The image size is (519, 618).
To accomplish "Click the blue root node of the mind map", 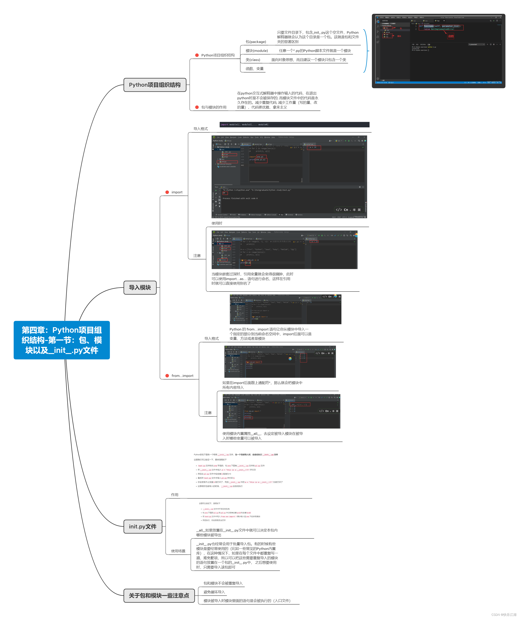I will pyautogui.click(x=62, y=340).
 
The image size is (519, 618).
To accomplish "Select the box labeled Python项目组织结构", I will pyautogui.click(x=155, y=85).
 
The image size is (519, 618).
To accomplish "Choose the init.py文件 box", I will pyautogui.click(x=143, y=526).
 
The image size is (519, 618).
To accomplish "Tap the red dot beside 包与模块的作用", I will pyautogui.click(x=197, y=107).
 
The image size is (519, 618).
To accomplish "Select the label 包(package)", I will pyautogui.click(x=256, y=42).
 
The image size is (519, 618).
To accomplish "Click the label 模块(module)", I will pyautogui.click(x=257, y=51).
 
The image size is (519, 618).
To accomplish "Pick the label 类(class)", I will pyautogui.click(x=253, y=60).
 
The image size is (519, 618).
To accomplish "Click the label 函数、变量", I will pyautogui.click(x=255, y=69).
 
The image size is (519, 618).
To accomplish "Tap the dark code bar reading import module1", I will pyautogui.click(x=294, y=125).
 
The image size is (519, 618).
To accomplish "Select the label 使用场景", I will pyautogui.click(x=178, y=551).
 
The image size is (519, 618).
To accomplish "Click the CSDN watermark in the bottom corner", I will pyautogui.click(x=504, y=615).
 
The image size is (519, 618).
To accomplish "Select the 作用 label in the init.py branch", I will pyautogui.click(x=175, y=495).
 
